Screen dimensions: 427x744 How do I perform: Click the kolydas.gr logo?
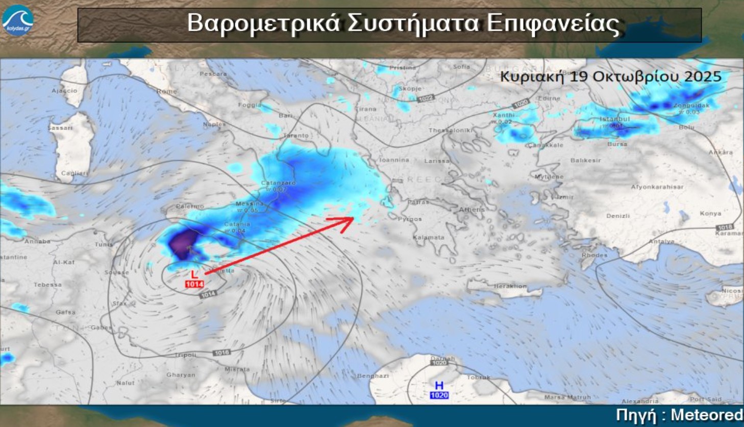(17, 20)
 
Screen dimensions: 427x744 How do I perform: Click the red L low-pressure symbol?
(194, 274)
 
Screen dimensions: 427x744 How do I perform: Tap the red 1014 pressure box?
(194, 284)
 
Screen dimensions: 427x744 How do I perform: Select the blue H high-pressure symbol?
(439, 386)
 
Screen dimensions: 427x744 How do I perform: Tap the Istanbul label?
(615, 119)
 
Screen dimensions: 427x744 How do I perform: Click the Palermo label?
(190, 206)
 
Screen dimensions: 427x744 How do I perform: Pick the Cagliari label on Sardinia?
(75, 173)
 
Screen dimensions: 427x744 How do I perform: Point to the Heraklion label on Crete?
(510, 286)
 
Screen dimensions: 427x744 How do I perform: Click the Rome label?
(167, 91)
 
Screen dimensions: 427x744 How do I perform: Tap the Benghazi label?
(373, 375)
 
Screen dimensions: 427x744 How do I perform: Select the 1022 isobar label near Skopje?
(425, 98)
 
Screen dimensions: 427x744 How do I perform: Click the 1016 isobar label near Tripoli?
(221, 353)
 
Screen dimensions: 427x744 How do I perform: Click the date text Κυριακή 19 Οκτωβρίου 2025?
(610, 77)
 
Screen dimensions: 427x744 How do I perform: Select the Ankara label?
(720, 152)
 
